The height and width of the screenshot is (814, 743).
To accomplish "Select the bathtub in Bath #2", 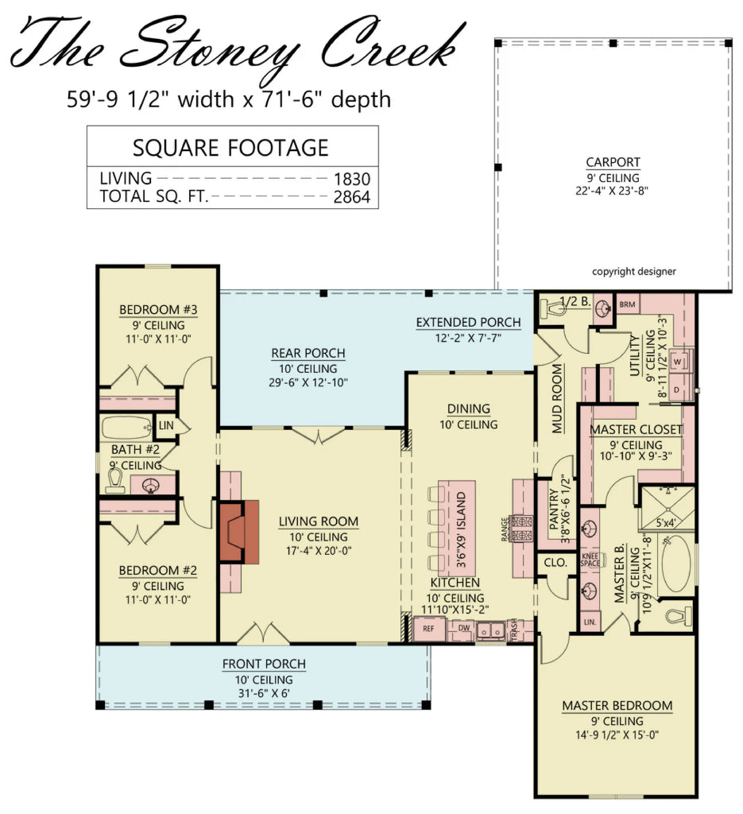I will [x=126, y=428].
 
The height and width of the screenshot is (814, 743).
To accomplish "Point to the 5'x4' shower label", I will [x=668, y=523].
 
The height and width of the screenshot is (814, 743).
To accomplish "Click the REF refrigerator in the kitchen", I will [x=428, y=629].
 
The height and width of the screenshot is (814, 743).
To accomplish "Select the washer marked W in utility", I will [x=678, y=361].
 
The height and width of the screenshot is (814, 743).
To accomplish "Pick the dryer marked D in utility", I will [x=678, y=390].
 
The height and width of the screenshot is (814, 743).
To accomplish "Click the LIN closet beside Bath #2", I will [x=166, y=427].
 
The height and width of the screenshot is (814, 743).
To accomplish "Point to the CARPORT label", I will [x=613, y=163].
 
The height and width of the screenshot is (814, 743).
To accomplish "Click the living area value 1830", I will [x=353, y=179].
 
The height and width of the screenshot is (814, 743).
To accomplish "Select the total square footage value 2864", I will [x=353, y=197].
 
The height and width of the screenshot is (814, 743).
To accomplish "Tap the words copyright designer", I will [x=633, y=271].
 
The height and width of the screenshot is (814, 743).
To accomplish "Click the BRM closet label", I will [x=628, y=304].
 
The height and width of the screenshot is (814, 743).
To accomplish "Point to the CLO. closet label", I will [x=555, y=562].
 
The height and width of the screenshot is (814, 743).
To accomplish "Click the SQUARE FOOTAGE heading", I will [x=230, y=148].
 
